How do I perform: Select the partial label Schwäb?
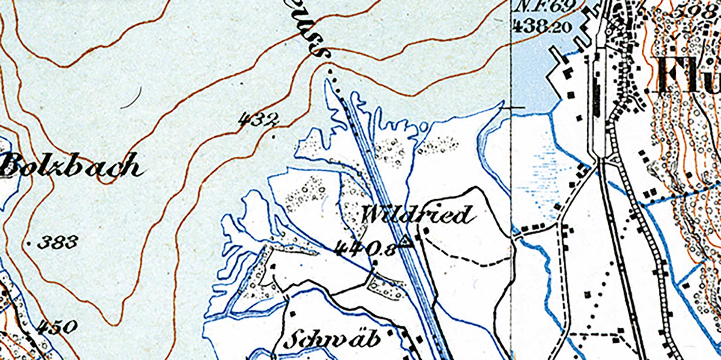(x=332, y=339)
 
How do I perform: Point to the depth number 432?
(x=259, y=120)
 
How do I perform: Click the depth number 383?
(x=58, y=243)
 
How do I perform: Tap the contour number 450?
(x=58, y=327)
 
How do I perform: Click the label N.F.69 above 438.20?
(x=545, y=7)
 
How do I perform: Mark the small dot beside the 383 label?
(x=30, y=243)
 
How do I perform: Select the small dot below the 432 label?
(x=273, y=137)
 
